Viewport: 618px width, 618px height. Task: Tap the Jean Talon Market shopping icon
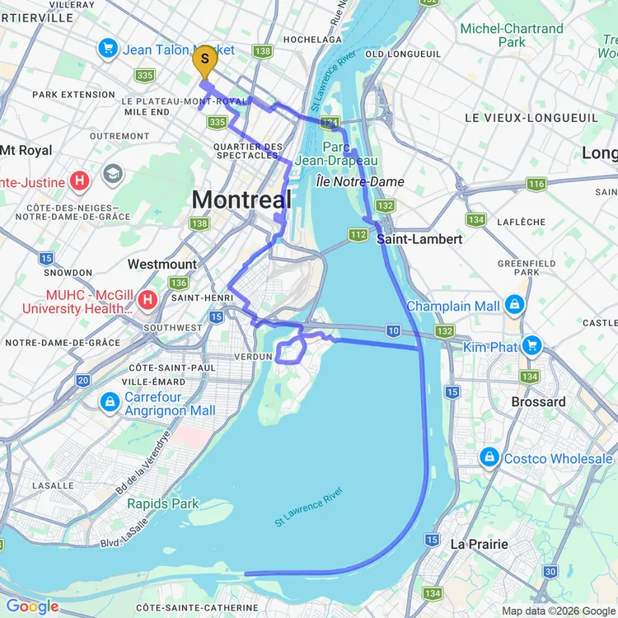tap(108, 49)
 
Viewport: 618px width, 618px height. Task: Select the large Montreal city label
tap(241, 199)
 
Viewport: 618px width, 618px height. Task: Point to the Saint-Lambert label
tap(419, 239)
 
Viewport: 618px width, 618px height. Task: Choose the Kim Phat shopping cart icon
tap(531, 346)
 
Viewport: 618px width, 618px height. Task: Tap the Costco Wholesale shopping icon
tap(489, 458)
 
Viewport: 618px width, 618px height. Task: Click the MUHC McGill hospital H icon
tap(148, 300)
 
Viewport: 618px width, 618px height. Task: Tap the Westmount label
tap(162, 265)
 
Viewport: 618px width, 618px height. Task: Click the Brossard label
tap(538, 402)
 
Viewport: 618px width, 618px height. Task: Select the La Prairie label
tap(479, 544)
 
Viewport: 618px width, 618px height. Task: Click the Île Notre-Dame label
tap(359, 181)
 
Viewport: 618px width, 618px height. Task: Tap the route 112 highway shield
tap(358, 236)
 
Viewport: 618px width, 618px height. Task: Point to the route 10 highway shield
tap(393, 330)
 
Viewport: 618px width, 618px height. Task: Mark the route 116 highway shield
tap(536, 184)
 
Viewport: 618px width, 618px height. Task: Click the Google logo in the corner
tap(33, 607)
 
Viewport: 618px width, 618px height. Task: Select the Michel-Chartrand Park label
tap(511, 35)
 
